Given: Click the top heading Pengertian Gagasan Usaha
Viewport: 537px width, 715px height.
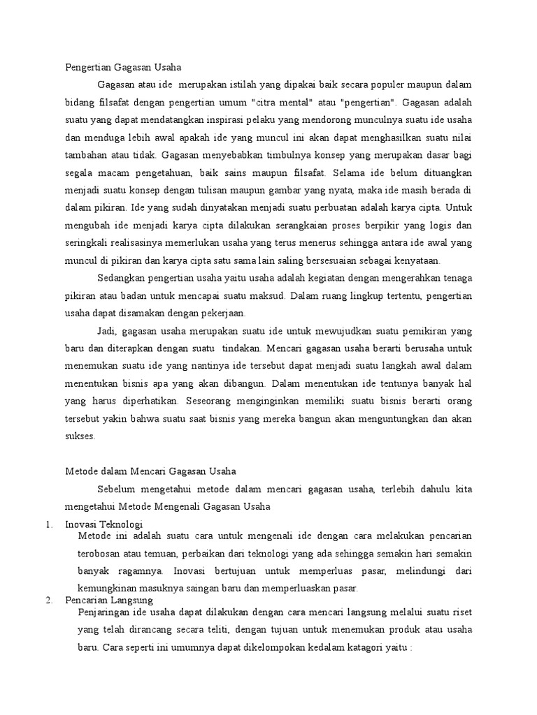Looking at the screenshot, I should tap(123, 67).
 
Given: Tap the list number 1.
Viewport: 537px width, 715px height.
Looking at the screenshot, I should tap(47, 524).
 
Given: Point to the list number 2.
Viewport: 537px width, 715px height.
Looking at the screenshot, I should tap(47, 600).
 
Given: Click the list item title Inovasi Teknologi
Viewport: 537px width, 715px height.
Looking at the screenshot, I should tap(103, 524).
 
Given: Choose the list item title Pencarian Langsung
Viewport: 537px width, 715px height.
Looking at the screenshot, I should tap(108, 600).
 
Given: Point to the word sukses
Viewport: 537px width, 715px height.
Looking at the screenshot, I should tap(80, 436).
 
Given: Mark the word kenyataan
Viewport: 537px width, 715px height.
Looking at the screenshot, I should tap(418, 260).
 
